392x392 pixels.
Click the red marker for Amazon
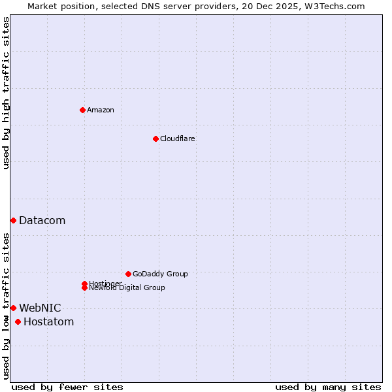[x=82, y=110]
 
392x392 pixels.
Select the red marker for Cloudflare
[x=155, y=139]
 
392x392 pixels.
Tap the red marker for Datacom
[x=13, y=221]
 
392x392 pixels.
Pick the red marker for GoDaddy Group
[x=128, y=274]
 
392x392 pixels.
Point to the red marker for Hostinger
[x=84, y=284]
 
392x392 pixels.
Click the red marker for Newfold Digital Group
[x=85, y=288]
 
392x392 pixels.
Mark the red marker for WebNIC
[x=13, y=308]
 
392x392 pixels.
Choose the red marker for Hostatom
[x=18, y=321]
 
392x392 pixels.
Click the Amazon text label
[x=101, y=110]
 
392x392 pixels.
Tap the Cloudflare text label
[x=177, y=139]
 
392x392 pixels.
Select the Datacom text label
[x=42, y=221]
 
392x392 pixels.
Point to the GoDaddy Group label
[x=160, y=274]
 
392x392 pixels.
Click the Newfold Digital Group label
[x=127, y=288]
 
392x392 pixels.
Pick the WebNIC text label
[x=40, y=308]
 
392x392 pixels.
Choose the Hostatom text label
[x=48, y=321]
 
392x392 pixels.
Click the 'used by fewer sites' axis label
[x=67, y=387]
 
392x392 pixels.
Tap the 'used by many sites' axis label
[x=328, y=387]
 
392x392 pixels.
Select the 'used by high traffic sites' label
[x=7, y=93]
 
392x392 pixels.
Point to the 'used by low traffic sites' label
[x=7, y=306]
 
